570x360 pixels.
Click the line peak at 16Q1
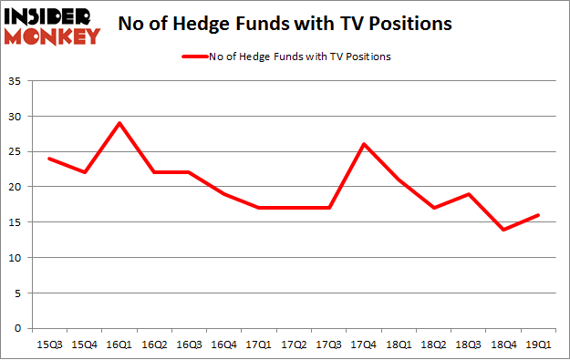point(119,123)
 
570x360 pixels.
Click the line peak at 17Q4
point(363,144)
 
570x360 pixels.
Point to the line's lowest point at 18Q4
point(503,229)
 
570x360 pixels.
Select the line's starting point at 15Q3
point(49,159)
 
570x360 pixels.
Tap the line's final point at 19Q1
point(538,215)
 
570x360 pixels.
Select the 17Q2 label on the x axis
point(293,345)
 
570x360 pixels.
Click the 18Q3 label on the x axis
point(468,345)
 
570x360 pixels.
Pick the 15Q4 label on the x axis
point(85,345)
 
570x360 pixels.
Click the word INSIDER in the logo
point(51,16)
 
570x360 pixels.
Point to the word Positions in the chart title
point(407,25)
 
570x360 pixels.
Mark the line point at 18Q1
point(399,180)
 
